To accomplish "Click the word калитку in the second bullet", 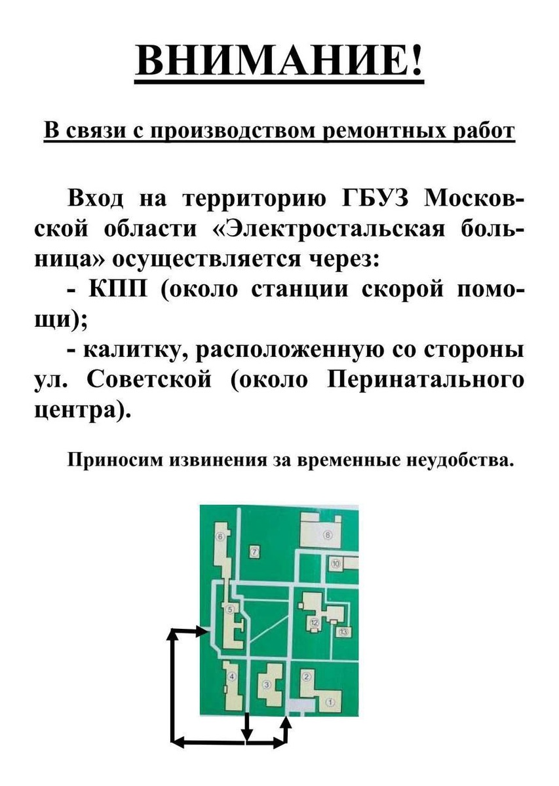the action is [127, 351].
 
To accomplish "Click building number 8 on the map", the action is [328, 534].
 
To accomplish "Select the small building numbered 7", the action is [256, 551].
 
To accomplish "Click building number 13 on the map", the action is [343, 631].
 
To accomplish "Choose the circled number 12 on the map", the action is [315, 622].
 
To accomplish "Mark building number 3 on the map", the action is [266, 685].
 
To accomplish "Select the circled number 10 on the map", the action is [336, 563].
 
